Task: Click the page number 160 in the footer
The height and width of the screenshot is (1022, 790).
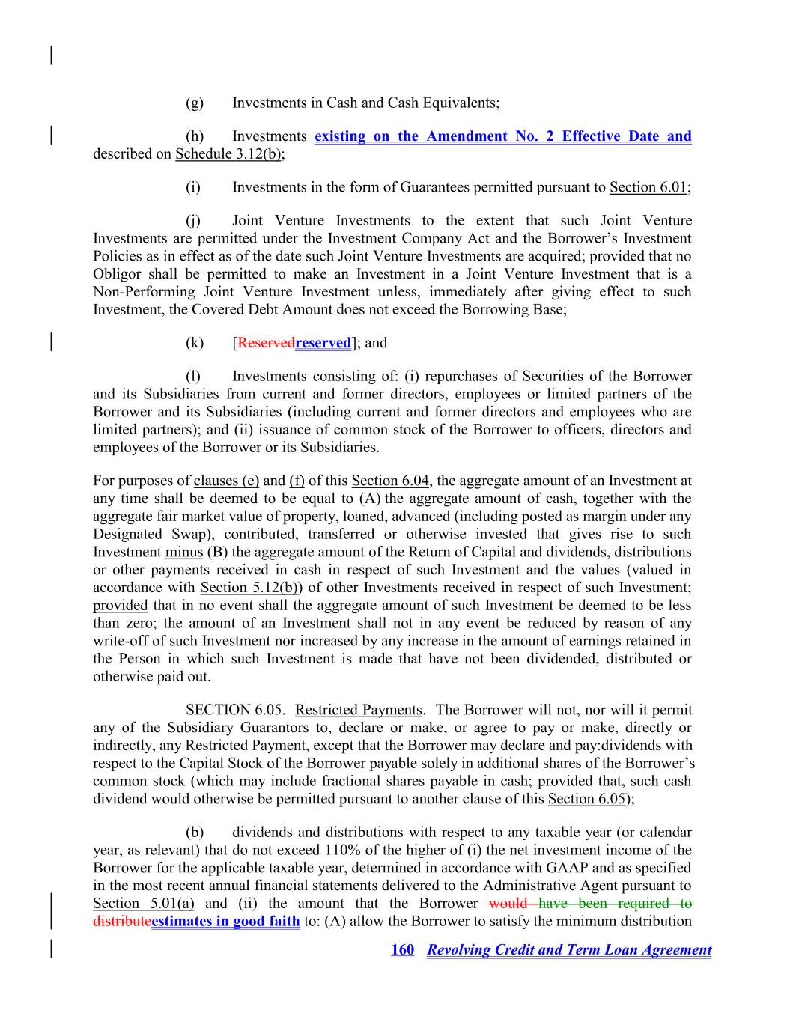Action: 402,950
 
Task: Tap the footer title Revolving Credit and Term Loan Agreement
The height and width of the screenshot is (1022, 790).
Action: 569,950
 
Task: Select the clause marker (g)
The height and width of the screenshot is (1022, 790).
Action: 195,103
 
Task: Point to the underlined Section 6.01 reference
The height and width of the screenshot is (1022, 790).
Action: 648,187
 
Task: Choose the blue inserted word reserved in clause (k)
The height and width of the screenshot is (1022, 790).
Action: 323,343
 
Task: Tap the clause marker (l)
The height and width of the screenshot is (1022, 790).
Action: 194,376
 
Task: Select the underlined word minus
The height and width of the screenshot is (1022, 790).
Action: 184,552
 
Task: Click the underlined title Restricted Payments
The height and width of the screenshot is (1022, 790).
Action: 359,710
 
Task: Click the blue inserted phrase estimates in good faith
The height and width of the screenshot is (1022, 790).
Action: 225,922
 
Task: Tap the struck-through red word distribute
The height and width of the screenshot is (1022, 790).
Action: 121,922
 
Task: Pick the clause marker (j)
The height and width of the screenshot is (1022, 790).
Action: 194,221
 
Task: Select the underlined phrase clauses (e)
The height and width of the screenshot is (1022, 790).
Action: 226,481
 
